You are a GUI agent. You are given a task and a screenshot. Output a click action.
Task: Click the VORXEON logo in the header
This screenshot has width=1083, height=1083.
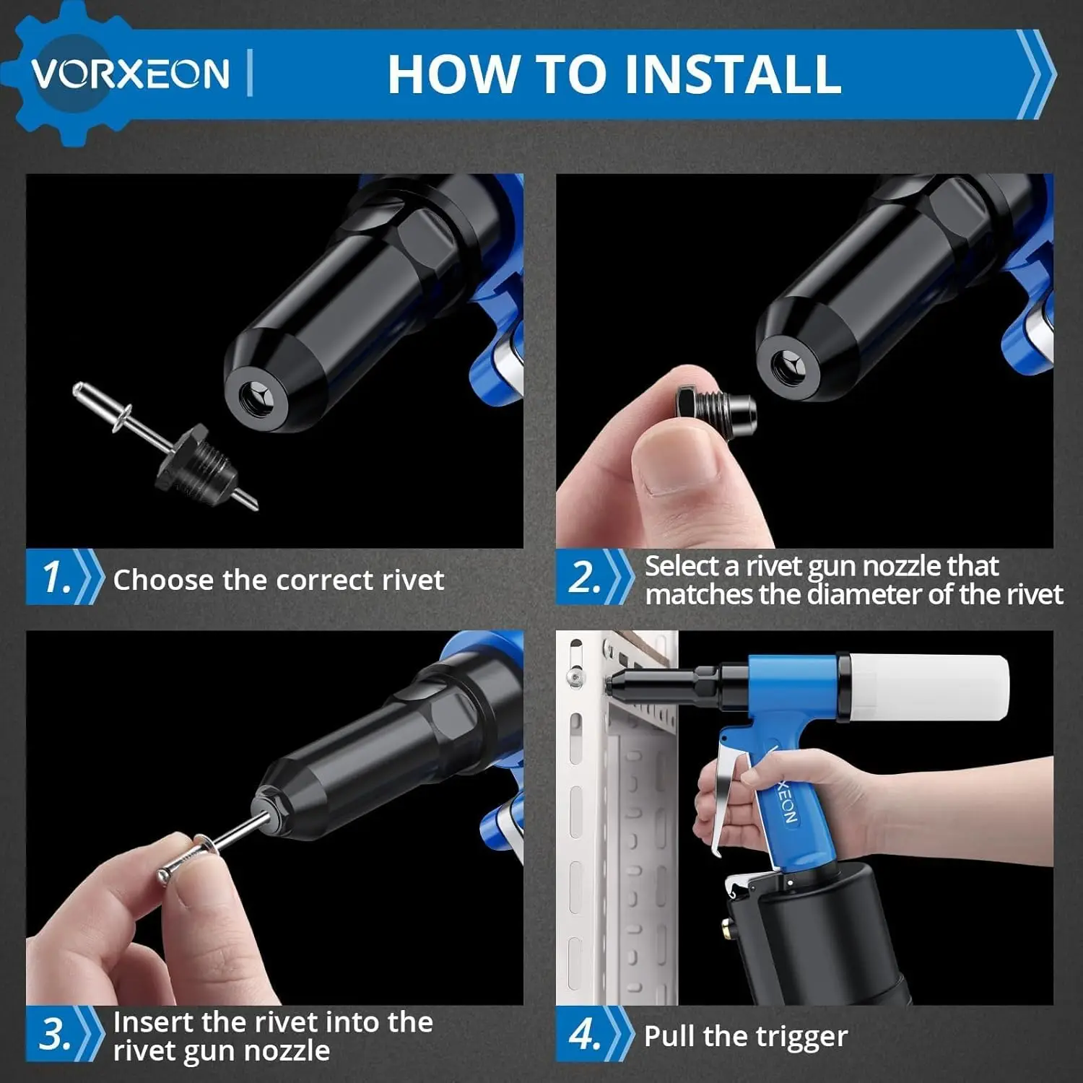point(130,73)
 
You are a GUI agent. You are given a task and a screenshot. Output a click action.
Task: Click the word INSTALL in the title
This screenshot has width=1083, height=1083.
point(733,74)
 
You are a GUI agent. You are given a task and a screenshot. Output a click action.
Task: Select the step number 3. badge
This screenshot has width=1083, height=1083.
point(56,1034)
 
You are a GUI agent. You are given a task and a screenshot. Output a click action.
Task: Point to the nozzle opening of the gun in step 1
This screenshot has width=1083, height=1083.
point(255,398)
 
